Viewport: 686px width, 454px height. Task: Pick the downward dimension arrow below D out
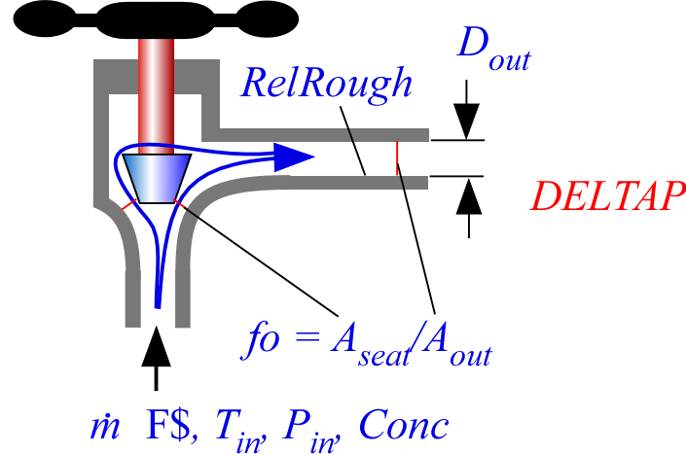[468, 117]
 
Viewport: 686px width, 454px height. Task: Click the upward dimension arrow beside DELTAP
[468, 199]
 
